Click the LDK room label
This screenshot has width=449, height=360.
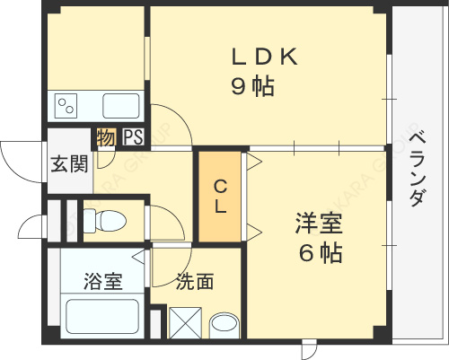coord(264,57)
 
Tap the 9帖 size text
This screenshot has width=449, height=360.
coord(252,87)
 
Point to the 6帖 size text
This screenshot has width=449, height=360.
coord(320,253)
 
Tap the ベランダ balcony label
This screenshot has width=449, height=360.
coord(416,170)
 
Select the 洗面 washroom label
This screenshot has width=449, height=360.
coord(194,281)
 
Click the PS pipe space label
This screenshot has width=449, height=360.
coord(134,138)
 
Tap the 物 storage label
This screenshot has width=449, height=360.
coord(106,138)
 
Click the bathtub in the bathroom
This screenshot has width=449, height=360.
coord(101,317)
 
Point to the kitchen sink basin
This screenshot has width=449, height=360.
coord(120,106)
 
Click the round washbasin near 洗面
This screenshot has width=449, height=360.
coord(224,323)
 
